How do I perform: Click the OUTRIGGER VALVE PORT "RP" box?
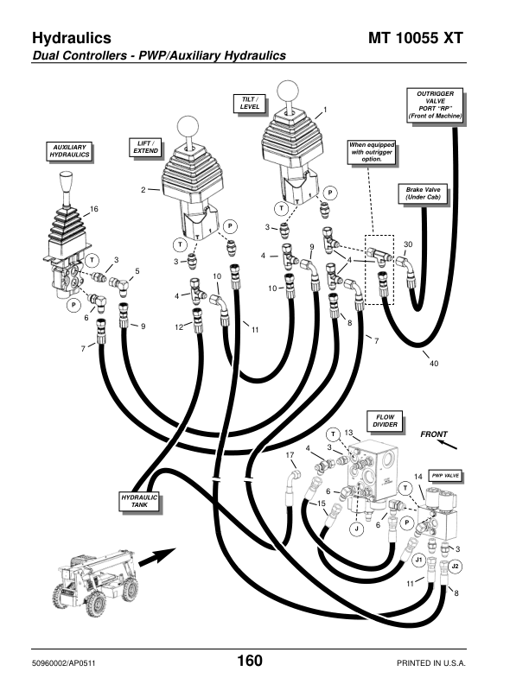click(x=435, y=104)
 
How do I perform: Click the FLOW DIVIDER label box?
click(x=385, y=421)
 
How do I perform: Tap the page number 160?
click(x=250, y=661)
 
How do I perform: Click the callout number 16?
click(x=95, y=210)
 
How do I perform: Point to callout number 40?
click(x=434, y=364)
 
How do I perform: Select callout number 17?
click(x=290, y=454)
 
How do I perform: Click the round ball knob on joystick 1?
click(x=286, y=91)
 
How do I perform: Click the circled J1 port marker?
click(x=418, y=560)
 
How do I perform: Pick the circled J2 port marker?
click(x=456, y=566)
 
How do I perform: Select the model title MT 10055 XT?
click(x=442, y=39)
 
